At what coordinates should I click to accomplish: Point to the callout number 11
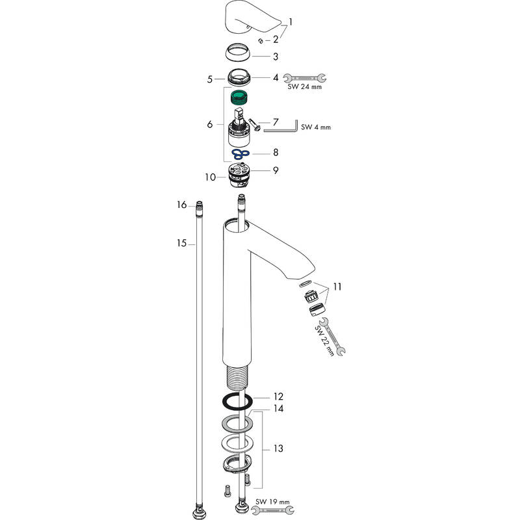click(337, 286)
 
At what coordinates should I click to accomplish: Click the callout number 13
click(278, 448)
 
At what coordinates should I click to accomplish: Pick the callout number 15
click(182, 243)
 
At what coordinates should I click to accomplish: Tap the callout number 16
click(182, 205)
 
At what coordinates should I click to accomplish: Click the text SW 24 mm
click(305, 86)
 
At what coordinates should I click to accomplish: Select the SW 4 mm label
click(316, 127)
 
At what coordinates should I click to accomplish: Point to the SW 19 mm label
click(273, 501)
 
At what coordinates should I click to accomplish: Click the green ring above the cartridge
click(241, 98)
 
